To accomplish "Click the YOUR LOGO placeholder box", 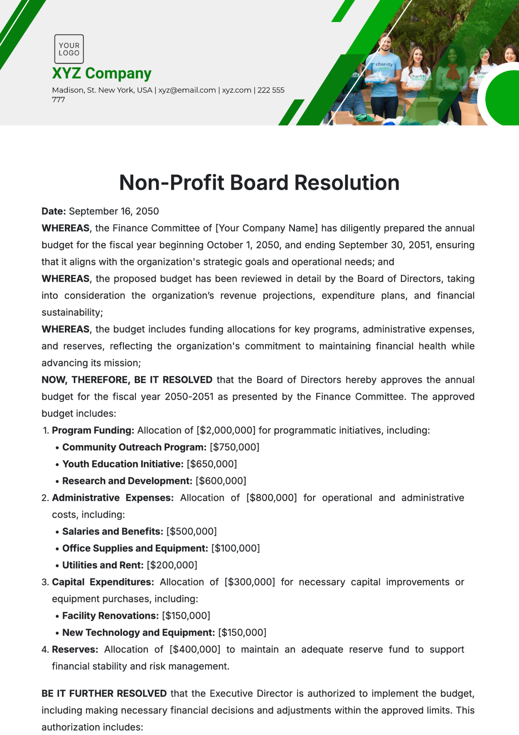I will [69, 49].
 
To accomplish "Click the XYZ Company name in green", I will [102, 73].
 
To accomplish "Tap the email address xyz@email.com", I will [187, 90].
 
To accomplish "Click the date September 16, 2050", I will [114, 211].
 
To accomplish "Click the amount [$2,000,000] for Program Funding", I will [226, 430].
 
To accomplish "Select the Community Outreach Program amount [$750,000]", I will [234, 447].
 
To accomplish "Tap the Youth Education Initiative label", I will [123, 464].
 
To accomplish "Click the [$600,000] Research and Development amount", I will [221, 481].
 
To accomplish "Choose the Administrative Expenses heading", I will [112, 498].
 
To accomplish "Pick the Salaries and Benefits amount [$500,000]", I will [192, 531].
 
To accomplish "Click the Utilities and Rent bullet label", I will [103, 565].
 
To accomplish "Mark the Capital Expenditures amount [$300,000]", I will [250, 582].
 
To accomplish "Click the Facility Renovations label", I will [110, 616].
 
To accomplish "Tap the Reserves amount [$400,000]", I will [195, 649].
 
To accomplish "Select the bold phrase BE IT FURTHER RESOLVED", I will [104, 694].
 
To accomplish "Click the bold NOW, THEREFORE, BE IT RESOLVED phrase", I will [127, 380].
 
